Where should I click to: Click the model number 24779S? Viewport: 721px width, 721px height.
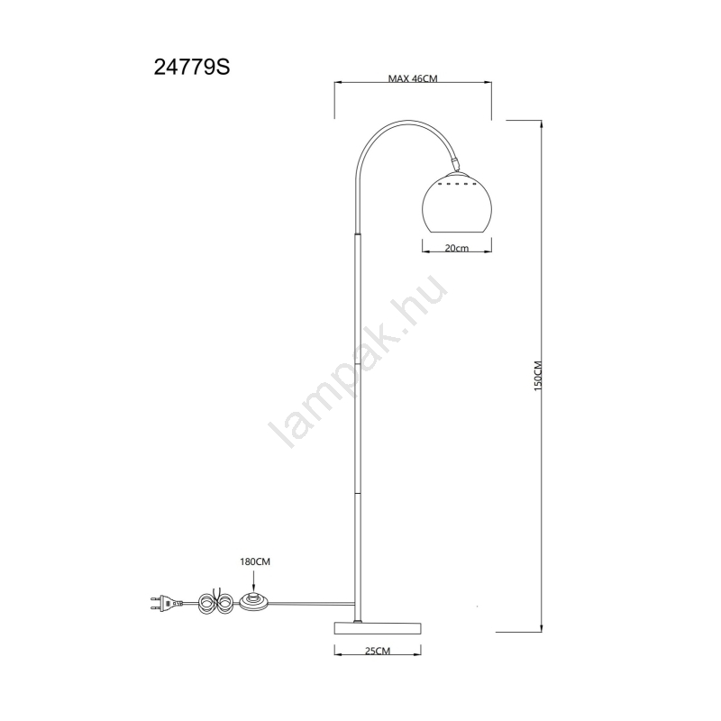[192, 68]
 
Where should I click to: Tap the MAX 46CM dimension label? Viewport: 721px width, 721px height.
[413, 78]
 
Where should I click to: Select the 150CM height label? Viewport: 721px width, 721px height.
[538, 376]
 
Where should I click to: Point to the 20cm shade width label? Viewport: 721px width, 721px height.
[457, 248]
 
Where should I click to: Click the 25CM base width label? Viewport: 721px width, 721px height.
[377, 651]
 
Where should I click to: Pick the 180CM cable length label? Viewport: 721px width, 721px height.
[255, 561]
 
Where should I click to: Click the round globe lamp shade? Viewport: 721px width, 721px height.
[457, 202]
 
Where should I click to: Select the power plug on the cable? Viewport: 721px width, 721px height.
[167, 602]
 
